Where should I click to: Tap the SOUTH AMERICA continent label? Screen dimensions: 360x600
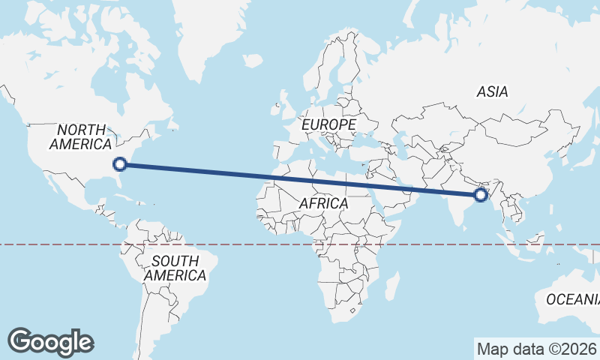point(175,268)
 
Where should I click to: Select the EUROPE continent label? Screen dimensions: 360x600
point(328,124)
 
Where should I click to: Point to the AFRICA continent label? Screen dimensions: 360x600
point(323,203)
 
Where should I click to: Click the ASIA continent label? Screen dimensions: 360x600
point(492,92)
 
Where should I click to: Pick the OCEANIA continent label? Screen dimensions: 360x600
point(573,299)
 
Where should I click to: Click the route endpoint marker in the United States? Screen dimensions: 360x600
point(119,164)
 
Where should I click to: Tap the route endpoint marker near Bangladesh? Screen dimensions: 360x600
point(481,196)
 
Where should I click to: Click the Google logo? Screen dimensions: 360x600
point(50,342)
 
